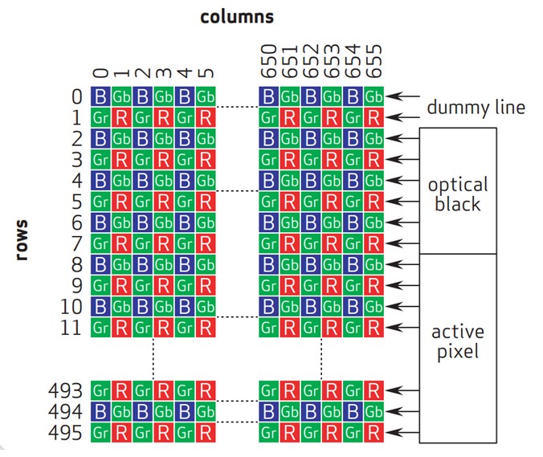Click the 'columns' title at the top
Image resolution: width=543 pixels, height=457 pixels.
pos(237,18)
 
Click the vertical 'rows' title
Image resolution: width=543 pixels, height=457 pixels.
pos(22,239)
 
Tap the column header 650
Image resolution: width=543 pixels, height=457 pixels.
pos(269,61)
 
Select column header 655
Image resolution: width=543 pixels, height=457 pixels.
pos(374,61)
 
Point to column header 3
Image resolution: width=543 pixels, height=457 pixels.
pos(163,73)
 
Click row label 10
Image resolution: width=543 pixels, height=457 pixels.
pos(71,307)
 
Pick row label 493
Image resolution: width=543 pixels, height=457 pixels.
pos(65,391)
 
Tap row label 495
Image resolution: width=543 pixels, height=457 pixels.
pos(65,433)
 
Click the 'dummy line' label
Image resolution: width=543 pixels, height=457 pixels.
pos(476,107)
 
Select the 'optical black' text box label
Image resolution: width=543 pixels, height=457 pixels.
pos(458,194)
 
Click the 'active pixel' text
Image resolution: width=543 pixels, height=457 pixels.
pos(458,342)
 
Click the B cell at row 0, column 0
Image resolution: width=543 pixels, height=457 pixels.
pos(100,96)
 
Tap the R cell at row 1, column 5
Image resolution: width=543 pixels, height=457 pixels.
pos(206,117)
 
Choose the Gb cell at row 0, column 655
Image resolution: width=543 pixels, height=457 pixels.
pos(374,96)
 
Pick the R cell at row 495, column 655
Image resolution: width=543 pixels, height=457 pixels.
pos(374,433)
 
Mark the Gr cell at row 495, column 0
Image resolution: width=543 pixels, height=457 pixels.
pos(100,433)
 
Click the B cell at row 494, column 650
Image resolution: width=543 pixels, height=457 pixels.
pos(269,412)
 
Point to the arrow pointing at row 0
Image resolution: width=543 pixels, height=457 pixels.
pos(402,96)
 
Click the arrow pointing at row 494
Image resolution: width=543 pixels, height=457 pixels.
pos(402,412)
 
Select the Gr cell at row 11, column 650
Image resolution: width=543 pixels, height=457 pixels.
pos(269,328)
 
